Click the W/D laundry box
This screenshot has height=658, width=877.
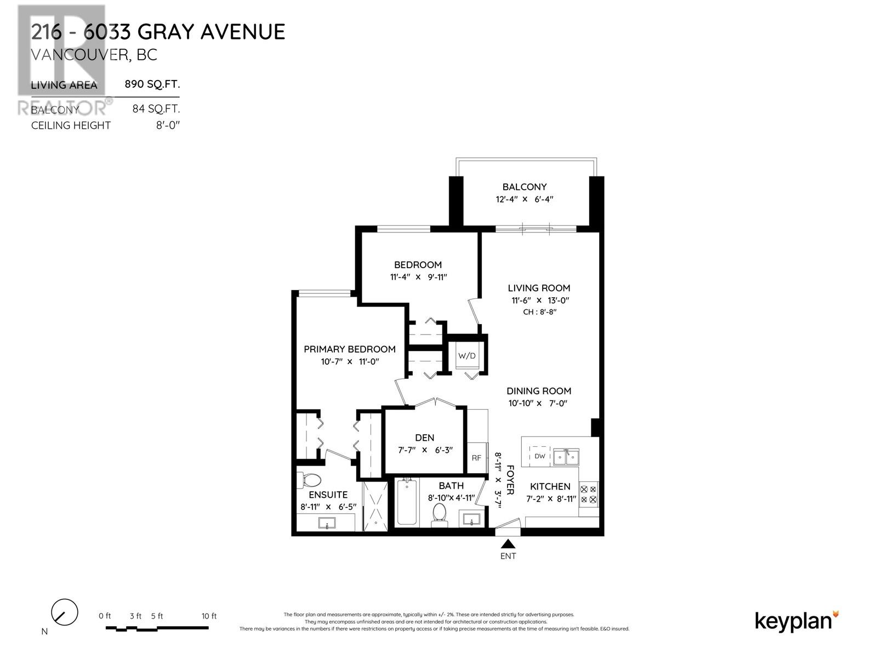(467, 356)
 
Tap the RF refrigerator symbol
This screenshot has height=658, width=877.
(476, 458)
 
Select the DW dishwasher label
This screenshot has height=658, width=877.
(540, 456)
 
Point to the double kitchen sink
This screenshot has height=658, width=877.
(566, 456)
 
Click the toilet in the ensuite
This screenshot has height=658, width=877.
(310, 480)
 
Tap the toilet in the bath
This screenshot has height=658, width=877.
(440, 513)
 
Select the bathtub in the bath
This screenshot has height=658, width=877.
(407, 502)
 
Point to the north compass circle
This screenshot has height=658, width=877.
(64, 612)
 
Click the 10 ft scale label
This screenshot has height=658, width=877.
(209, 616)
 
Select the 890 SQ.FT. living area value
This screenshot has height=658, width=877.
(152, 84)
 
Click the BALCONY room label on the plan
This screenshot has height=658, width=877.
(525, 187)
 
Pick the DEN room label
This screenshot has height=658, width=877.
(424, 438)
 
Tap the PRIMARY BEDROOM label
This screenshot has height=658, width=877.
(350, 349)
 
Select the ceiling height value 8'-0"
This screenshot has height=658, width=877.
(168, 125)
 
